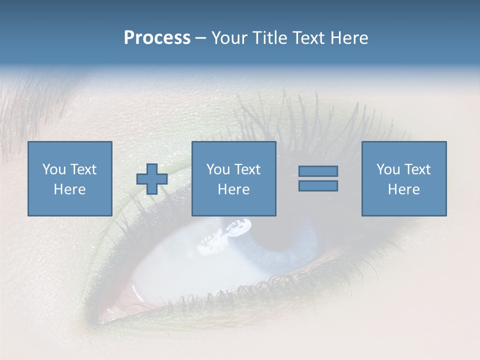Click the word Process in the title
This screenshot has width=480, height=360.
[x=157, y=38]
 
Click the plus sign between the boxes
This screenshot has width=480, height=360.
[x=152, y=179]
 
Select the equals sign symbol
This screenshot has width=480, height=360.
[x=318, y=178]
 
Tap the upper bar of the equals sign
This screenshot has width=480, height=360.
[x=318, y=171]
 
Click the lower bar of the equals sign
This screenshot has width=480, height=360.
[x=318, y=185]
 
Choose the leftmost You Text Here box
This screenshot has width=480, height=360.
[x=70, y=178]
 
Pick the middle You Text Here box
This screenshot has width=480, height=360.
[x=234, y=178]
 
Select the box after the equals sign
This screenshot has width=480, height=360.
[x=404, y=178]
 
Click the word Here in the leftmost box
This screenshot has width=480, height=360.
[x=69, y=189]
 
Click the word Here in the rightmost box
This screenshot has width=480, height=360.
[x=403, y=189]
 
